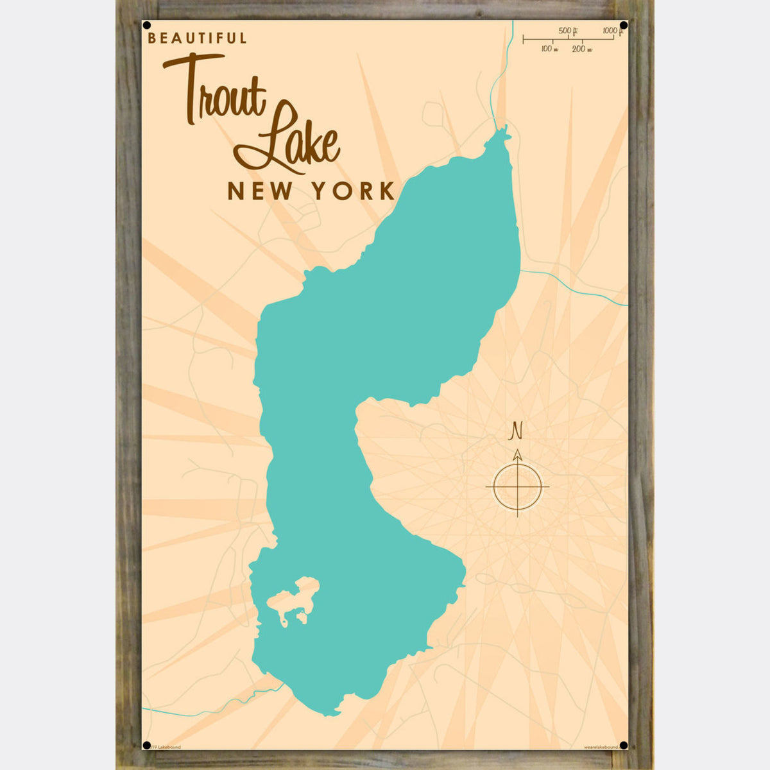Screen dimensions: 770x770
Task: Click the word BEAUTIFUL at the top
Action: point(197,38)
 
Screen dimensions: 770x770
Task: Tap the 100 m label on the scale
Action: point(549,49)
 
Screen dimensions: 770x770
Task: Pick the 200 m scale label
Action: point(581,49)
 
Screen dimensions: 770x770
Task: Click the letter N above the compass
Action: point(515,431)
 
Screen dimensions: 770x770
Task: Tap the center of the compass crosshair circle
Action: point(517,486)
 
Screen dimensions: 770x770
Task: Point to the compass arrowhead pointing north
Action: point(517,455)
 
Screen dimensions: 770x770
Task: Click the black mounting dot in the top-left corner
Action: point(147,26)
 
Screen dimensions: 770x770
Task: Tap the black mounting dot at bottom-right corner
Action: point(623,745)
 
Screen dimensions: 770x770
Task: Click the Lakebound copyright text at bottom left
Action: point(164,747)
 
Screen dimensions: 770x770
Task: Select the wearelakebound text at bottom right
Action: point(601,747)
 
